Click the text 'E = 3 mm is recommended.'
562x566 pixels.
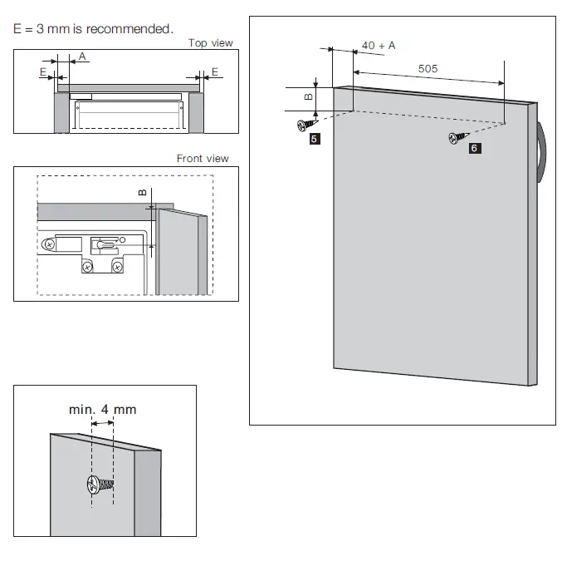click(94, 29)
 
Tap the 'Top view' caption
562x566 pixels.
click(210, 43)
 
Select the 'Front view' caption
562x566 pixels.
click(203, 159)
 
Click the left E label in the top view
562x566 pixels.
click(42, 72)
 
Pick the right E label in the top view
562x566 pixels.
click(214, 72)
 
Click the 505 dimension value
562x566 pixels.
click(428, 69)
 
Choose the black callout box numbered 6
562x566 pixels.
click(473, 148)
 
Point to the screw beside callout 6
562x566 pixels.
click(457, 137)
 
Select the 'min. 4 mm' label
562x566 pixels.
click(102, 409)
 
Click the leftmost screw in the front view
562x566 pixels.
click(51, 245)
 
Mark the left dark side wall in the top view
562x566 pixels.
click(61, 112)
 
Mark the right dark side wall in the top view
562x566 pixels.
click(196, 112)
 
